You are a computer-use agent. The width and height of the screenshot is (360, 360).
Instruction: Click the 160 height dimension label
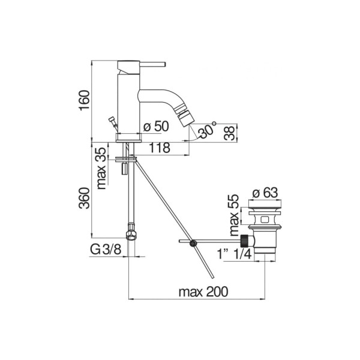coord(84,101)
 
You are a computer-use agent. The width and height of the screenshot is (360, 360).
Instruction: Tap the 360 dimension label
coord(84,198)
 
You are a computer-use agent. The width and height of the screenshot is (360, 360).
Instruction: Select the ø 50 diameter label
coord(156,126)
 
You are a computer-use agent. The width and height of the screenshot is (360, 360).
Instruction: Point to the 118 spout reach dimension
coord(160,148)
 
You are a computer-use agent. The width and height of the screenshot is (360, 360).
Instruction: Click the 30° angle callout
coord(207,130)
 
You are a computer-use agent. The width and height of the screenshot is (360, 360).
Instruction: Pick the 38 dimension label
coord(230,133)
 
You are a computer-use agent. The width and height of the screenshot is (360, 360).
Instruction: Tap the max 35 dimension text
coord(101,168)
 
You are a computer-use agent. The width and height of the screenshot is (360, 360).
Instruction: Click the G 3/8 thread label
coord(106,250)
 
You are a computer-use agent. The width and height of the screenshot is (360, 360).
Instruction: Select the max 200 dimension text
coord(203,292)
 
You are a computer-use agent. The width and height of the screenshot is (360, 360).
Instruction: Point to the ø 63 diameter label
coord(265,193)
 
